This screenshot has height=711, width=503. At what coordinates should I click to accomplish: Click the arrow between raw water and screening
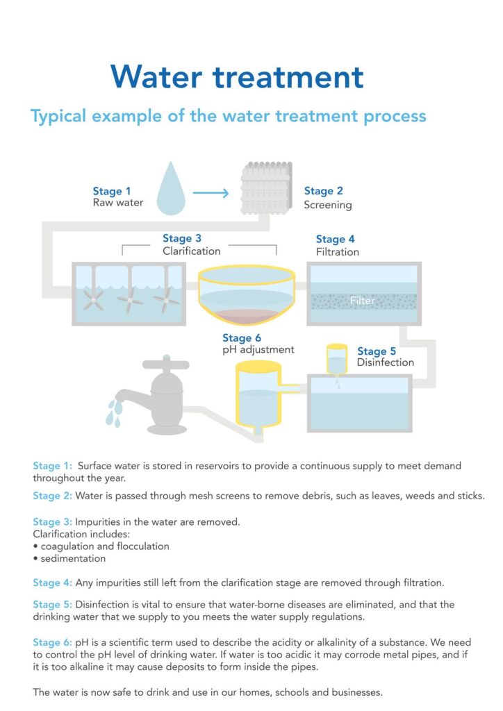[211, 192]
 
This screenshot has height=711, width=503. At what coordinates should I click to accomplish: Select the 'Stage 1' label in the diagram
[112, 191]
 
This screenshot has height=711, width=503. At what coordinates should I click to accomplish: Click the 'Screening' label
[328, 205]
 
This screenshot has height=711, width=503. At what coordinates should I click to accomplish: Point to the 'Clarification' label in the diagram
[192, 251]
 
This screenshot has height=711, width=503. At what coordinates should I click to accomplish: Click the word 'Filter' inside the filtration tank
[363, 301]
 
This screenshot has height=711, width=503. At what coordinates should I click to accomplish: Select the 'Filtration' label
[338, 252]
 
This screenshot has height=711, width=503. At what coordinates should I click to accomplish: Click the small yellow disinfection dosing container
[337, 359]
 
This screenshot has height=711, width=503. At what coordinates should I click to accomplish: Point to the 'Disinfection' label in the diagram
[386, 362]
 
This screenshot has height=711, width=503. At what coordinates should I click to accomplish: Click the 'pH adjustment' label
[258, 350]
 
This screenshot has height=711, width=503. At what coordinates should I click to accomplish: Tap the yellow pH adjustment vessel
[258, 396]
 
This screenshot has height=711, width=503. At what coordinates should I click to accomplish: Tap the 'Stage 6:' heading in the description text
[52, 642]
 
